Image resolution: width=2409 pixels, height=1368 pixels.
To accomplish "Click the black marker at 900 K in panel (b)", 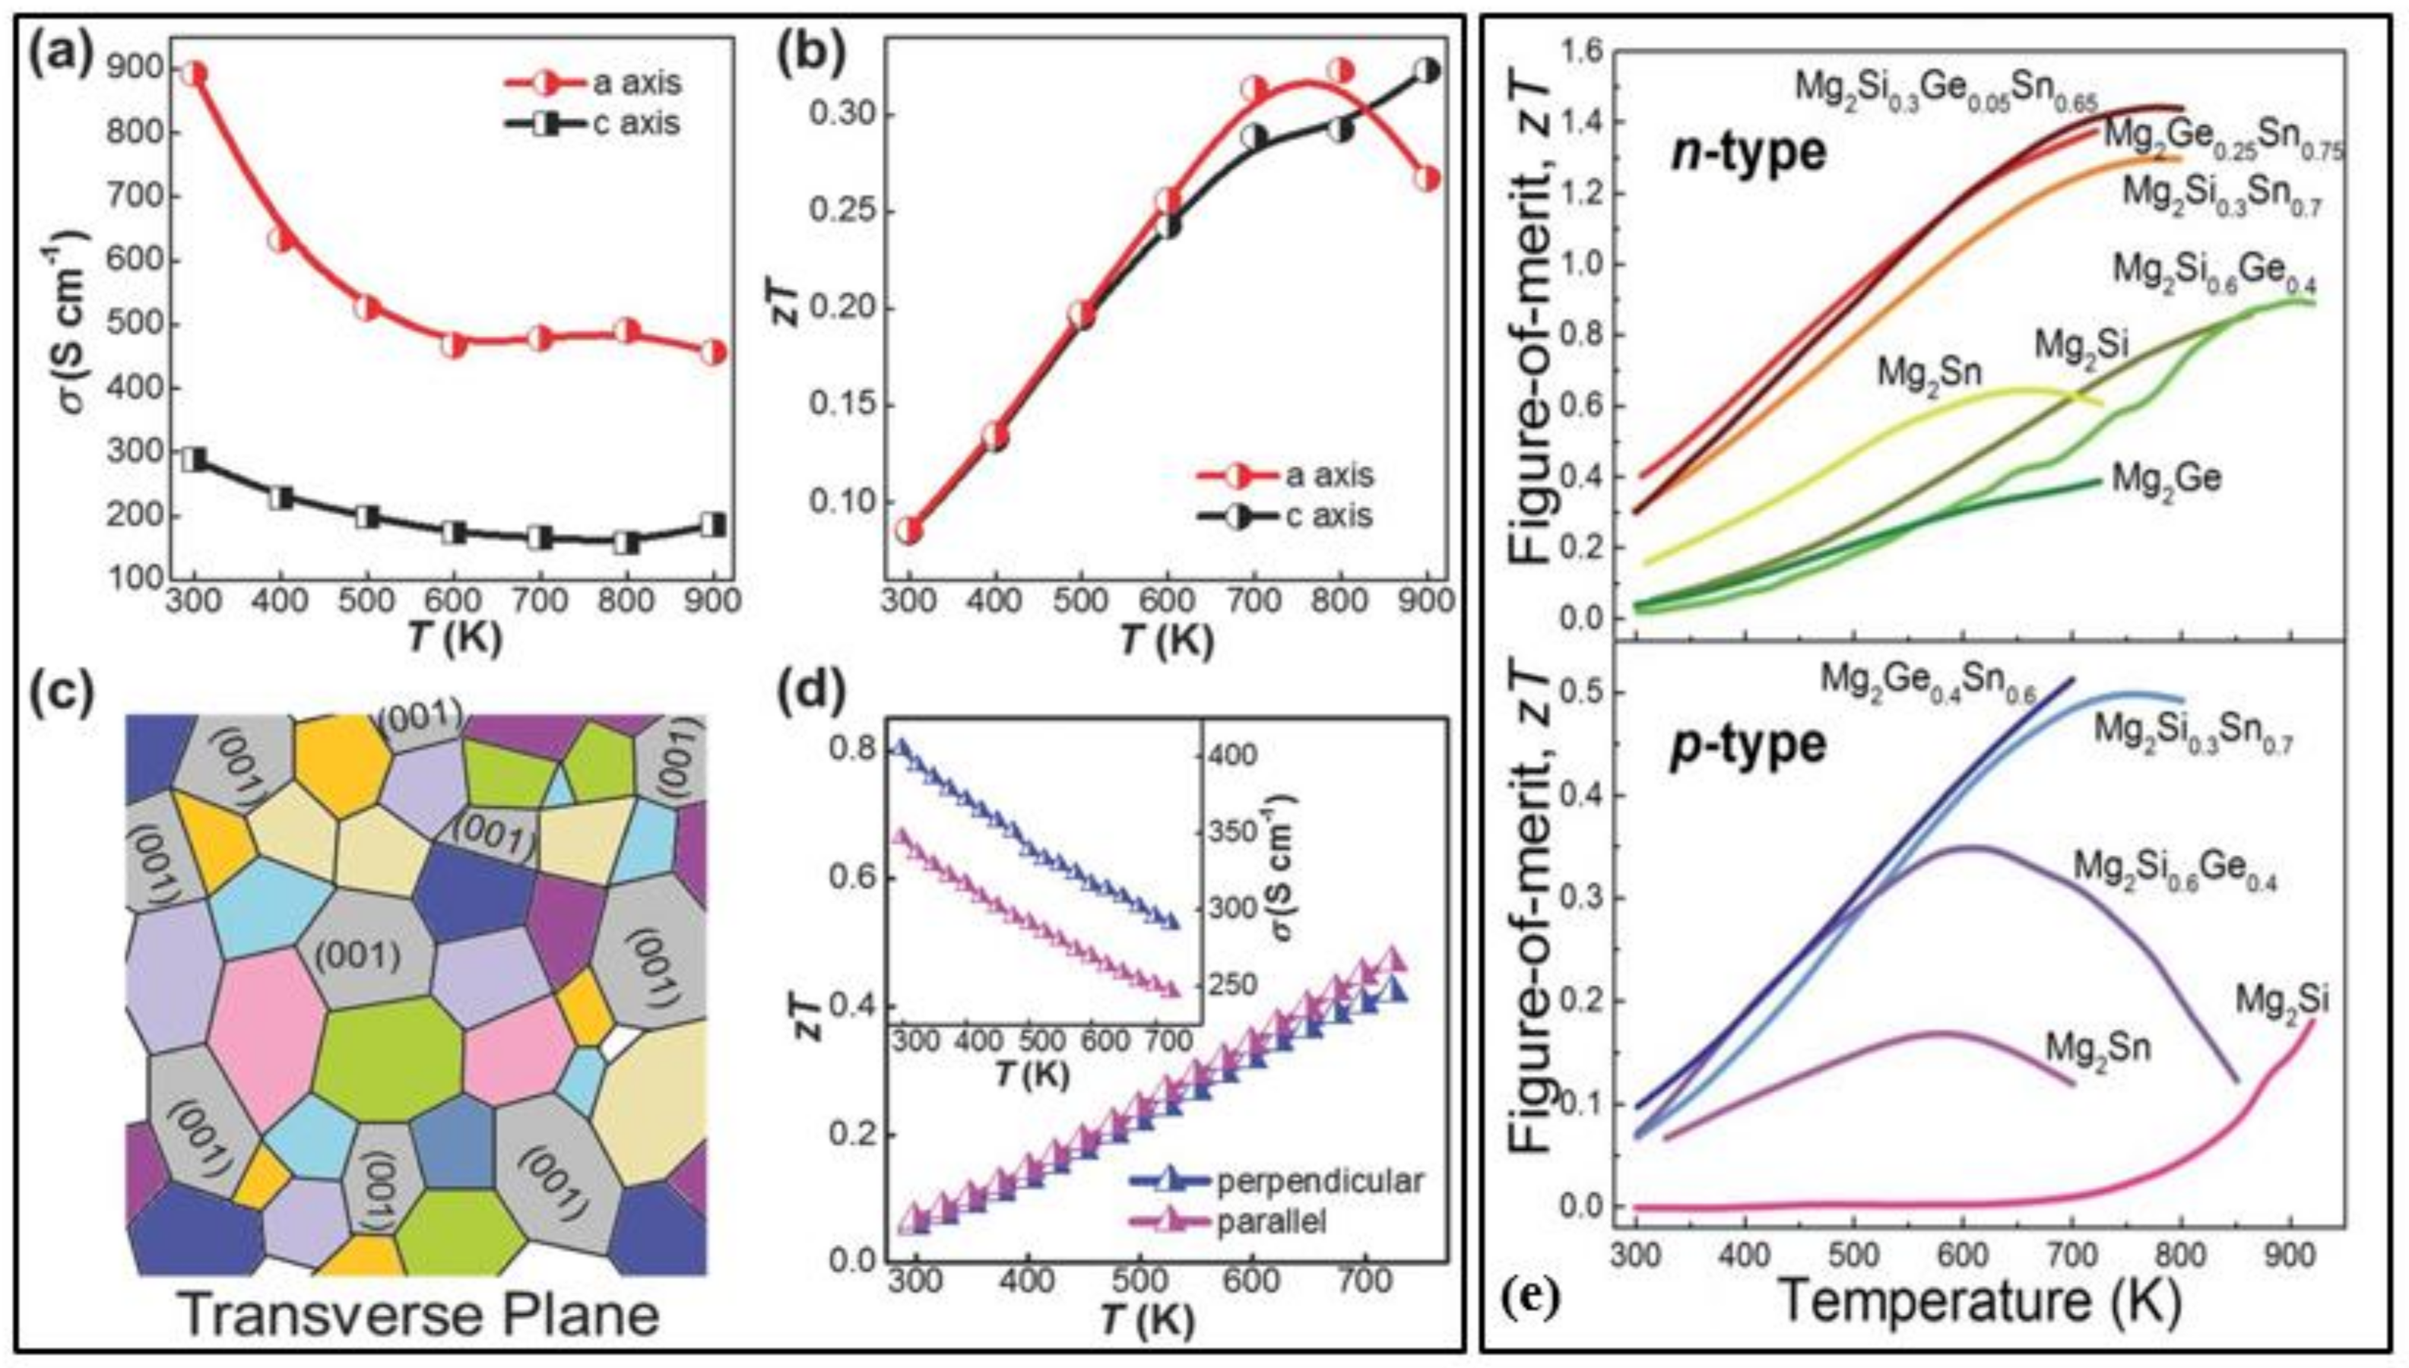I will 1426,71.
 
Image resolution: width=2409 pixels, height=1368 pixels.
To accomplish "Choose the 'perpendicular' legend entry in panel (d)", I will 1320,1181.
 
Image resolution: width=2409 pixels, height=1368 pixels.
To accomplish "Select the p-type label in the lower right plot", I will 1747,745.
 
